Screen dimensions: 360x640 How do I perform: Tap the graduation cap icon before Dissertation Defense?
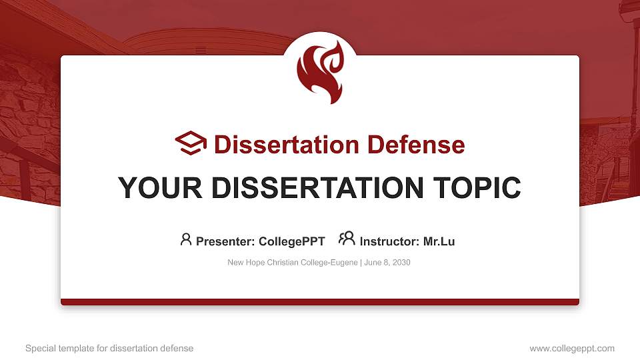[191, 143]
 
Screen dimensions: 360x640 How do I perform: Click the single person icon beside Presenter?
[186, 239]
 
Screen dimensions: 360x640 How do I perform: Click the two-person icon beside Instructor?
[347, 239]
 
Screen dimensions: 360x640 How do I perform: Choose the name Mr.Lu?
[439, 241]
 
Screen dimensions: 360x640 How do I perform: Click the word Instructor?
[389, 241]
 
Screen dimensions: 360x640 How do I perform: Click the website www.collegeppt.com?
[572, 348]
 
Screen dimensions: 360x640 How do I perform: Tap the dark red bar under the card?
[320, 302]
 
